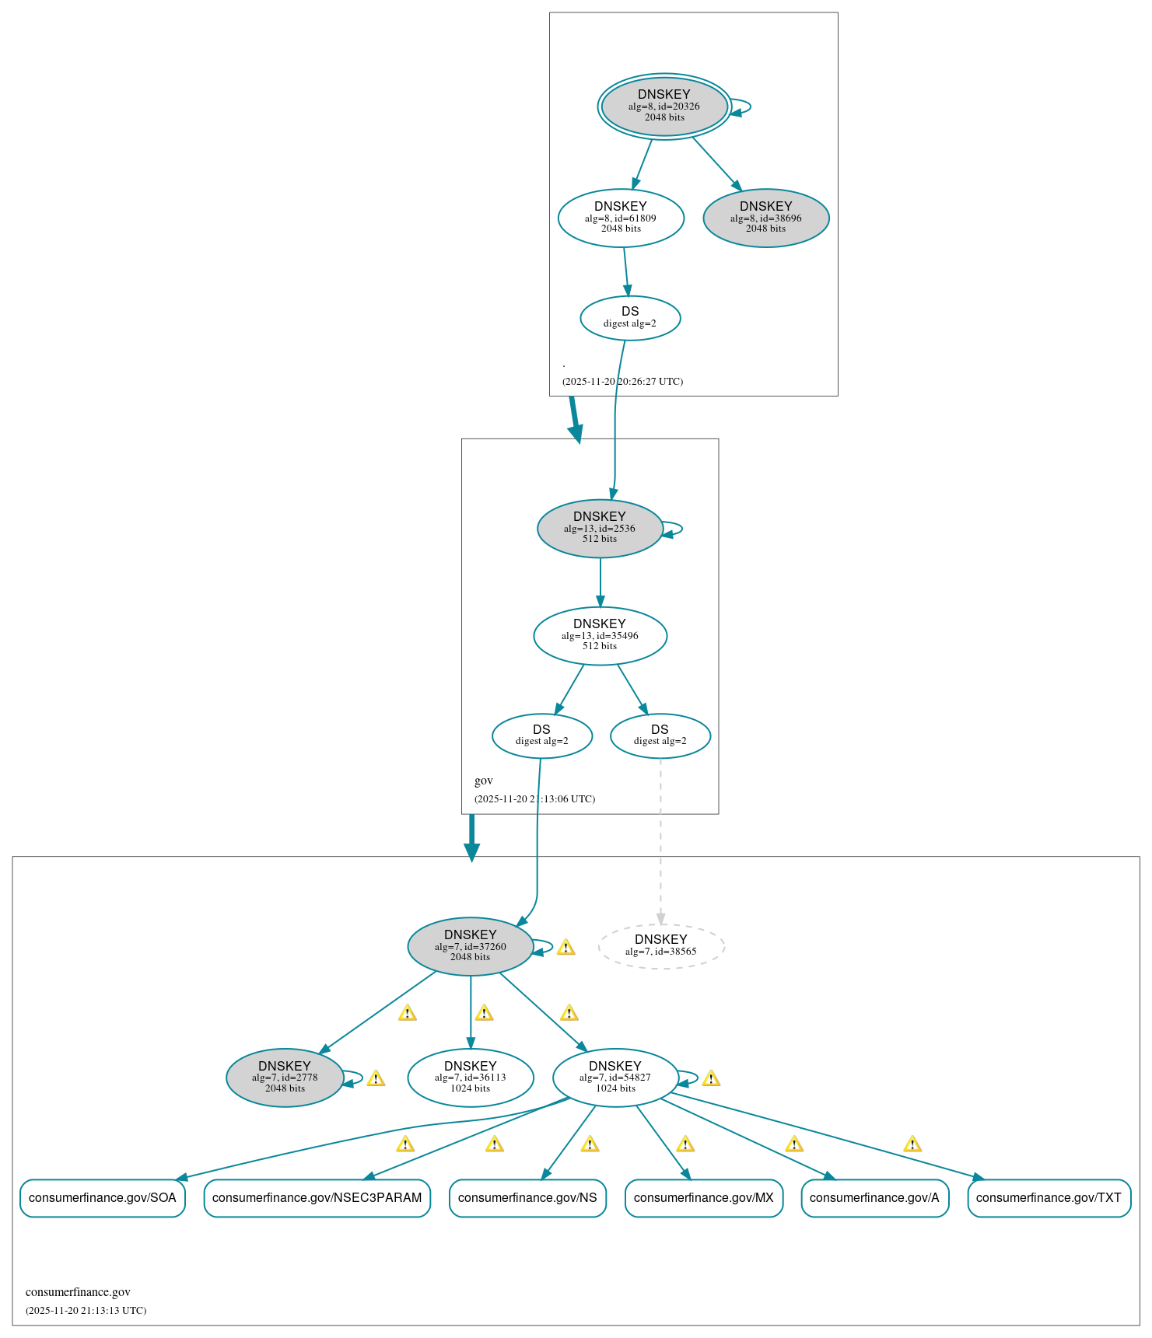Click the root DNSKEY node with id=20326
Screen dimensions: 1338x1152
[x=664, y=107]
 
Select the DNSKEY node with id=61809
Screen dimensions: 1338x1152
[x=620, y=218]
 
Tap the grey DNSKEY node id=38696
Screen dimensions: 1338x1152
[x=765, y=218]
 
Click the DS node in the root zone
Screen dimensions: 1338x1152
[x=629, y=317]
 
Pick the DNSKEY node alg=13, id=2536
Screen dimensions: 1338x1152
[x=599, y=528]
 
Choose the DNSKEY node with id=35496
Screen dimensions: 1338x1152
[x=599, y=635]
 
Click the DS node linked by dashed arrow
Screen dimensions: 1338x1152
[x=660, y=735]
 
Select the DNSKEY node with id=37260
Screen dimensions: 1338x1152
[x=470, y=946]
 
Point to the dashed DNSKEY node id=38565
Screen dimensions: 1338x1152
[x=660, y=946]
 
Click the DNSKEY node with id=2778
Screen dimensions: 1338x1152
[x=285, y=1078]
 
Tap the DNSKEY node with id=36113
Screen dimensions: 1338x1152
[x=470, y=1078]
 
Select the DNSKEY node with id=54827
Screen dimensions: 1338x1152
[x=615, y=1078]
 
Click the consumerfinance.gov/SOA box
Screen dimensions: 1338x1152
[x=102, y=1197]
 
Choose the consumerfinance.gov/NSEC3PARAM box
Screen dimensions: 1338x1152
[x=317, y=1197]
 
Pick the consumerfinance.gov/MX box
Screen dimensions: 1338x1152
[x=703, y=1197]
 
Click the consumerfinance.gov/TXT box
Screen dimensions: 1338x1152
[x=1048, y=1197]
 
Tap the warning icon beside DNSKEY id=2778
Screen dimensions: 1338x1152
[x=376, y=1078]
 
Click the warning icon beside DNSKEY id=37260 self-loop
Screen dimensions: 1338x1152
[x=565, y=947]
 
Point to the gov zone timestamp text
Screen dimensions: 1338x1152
[x=534, y=798]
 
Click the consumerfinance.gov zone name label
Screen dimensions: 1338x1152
[x=78, y=1292]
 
